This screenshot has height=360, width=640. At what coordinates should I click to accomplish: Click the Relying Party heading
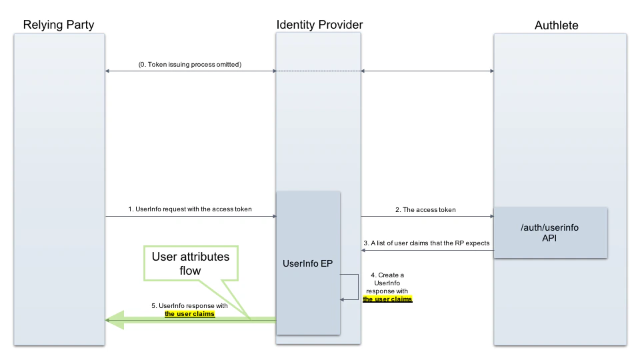[x=59, y=25]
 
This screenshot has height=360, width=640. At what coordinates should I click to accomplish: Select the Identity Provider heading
[x=319, y=25]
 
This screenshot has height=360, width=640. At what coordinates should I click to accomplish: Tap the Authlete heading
[x=556, y=25]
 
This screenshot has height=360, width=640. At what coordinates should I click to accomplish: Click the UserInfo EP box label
[x=308, y=263]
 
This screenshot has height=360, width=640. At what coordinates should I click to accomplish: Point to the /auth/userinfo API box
[x=550, y=232]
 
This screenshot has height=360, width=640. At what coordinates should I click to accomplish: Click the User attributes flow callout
[x=189, y=264]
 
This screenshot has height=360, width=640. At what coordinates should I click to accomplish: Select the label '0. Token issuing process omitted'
[x=190, y=65]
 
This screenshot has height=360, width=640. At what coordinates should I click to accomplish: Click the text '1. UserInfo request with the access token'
[x=190, y=209]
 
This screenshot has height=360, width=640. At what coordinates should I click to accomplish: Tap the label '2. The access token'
[x=425, y=209]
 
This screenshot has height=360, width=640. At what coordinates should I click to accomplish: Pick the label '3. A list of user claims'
[x=427, y=243]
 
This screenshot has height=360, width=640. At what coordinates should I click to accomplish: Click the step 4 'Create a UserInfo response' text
[x=387, y=283]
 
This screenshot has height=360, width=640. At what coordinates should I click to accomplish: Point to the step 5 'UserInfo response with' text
[x=190, y=305]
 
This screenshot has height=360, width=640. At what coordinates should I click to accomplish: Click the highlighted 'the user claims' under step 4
[x=387, y=299]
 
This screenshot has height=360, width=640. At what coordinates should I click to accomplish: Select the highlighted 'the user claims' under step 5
[x=190, y=313]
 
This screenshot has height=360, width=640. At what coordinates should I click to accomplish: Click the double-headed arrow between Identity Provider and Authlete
[x=427, y=71]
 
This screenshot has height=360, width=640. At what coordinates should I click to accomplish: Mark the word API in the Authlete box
[x=549, y=238]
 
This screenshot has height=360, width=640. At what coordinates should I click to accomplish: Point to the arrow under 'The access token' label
[x=427, y=216]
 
